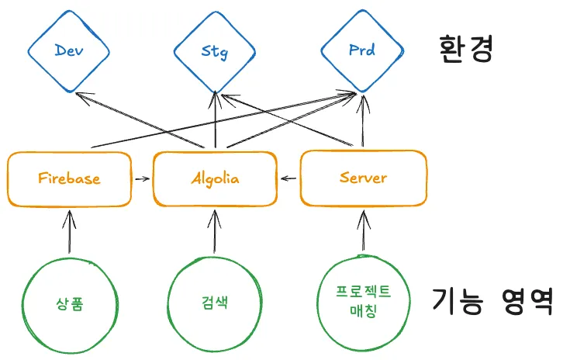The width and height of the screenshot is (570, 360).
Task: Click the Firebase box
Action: [x=70, y=178]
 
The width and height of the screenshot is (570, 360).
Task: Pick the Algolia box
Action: [x=215, y=178]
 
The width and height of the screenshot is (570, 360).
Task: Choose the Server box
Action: [x=363, y=178]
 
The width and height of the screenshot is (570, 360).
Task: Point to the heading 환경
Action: [x=465, y=48]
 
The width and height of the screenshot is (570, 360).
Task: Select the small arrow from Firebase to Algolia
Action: [x=141, y=178]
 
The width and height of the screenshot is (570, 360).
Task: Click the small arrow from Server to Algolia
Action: [x=288, y=178]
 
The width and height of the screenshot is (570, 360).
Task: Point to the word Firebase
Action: [x=69, y=178]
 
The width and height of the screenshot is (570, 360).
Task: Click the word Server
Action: [x=363, y=178]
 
